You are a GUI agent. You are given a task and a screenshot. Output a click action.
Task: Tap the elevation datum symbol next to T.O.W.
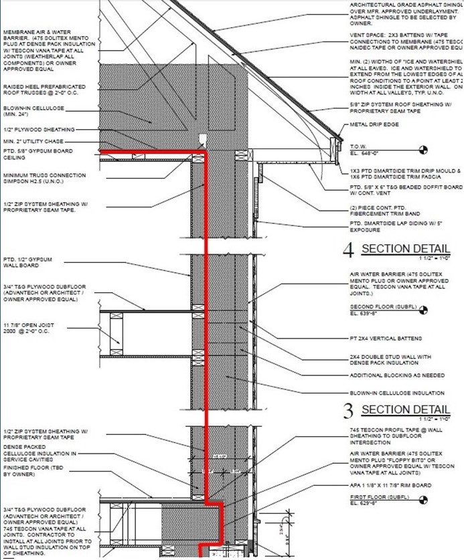point(423,149)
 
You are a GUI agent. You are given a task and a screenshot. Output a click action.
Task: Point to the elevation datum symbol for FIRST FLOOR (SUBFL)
point(423,498)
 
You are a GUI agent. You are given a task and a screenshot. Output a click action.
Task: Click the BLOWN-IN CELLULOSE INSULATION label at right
point(396,393)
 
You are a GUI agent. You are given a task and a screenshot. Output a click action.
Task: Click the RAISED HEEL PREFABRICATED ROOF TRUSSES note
point(44,90)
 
